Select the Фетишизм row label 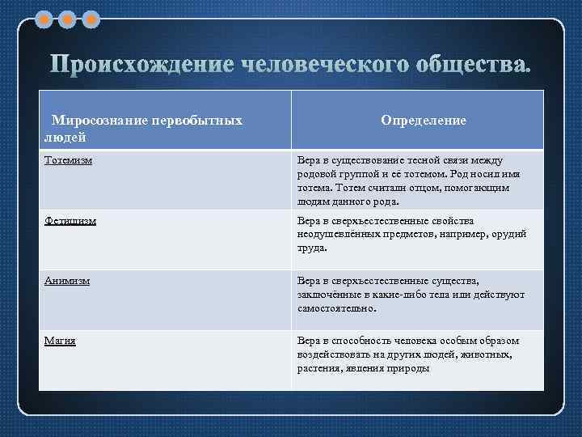(70, 220)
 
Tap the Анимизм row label (67, 281)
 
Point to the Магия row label (60, 341)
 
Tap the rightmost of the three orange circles (92, 18)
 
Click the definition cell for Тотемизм (412, 180)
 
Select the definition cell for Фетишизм (412, 235)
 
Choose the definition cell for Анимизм (412, 295)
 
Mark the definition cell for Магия (412, 354)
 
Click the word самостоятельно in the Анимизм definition (335, 308)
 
